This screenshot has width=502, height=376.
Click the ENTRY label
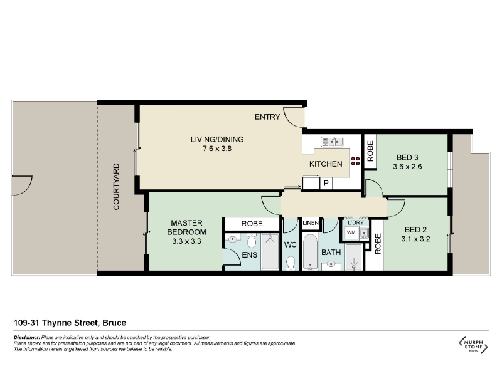coord(267,117)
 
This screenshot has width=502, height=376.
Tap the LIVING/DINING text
coord(217,139)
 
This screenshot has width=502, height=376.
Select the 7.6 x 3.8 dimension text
coord(217,149)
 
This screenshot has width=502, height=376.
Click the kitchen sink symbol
coord(332,142)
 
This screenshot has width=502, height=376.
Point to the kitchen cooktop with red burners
coord(355,161)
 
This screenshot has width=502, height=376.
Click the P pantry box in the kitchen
coord(326,183)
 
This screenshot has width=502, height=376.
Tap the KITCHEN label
coord(326,164)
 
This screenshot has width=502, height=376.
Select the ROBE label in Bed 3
coord(370,151)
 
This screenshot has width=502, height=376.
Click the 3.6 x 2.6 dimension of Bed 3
coord(407,167)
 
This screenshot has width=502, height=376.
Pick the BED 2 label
coord(415,230)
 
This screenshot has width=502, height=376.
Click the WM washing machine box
coord(351,232)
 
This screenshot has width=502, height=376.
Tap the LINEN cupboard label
coord(311,223)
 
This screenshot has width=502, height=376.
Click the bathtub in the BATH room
coord(310,253)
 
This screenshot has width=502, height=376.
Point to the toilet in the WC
coord(291,263)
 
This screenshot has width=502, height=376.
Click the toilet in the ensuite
coord(252,241)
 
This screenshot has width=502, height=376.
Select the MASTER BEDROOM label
coord(186,227)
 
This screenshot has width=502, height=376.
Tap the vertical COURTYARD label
coord(116,186)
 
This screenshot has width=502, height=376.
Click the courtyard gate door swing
coord(22,185)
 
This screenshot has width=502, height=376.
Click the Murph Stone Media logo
coord(473,345)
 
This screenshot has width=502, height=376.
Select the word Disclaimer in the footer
coord(27,337)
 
